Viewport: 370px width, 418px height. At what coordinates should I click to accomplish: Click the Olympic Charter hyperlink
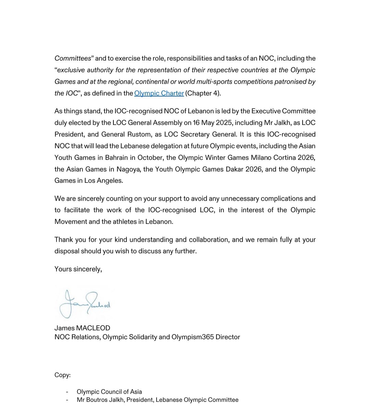click(x=159, y=93)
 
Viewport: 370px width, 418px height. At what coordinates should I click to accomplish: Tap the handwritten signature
click(x=85, y=303)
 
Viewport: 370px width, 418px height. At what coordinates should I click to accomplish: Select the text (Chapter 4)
click(x=203, y=93)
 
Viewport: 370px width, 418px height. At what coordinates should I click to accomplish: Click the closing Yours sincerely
click(x=78, y=269)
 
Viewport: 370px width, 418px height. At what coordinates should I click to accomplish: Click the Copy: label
click(x=62, y=375)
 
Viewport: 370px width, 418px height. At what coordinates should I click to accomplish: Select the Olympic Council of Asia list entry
click(x=109, y=392)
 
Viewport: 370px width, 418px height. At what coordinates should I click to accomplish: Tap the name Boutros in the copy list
click(x=97, y=400)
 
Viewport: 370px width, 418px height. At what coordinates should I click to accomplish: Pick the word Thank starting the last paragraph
click(x=64, y=240)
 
